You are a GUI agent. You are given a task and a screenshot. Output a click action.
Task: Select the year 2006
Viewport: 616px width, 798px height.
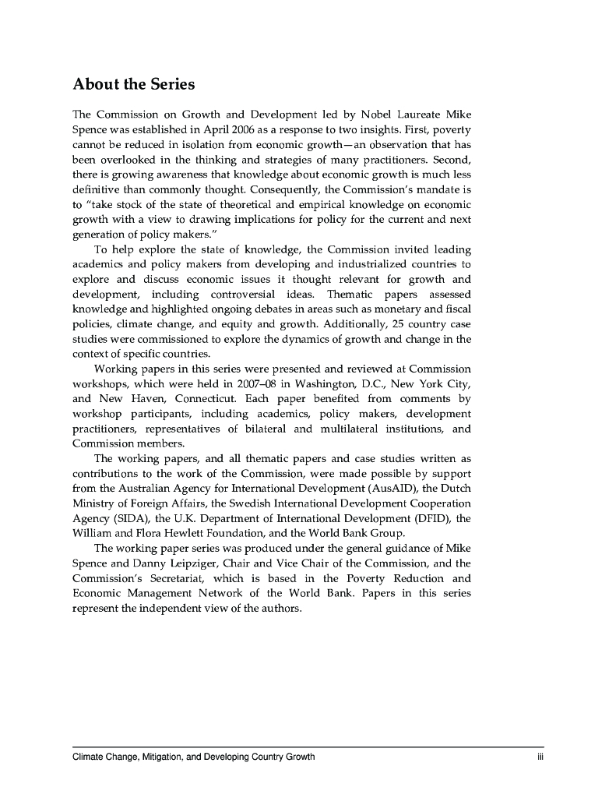click(248, 129)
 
